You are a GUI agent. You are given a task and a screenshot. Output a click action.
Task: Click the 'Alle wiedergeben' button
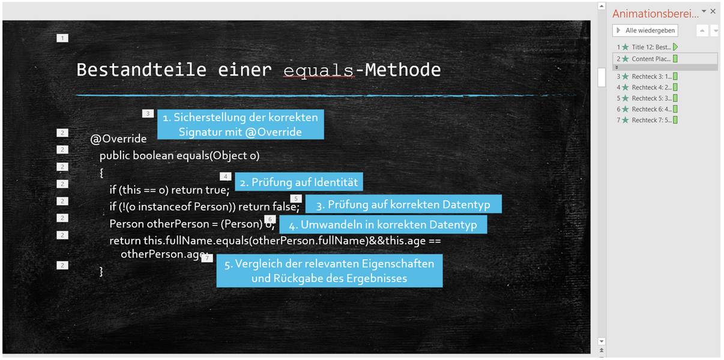(645, 31)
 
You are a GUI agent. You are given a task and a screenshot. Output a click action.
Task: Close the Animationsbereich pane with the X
(713, 11)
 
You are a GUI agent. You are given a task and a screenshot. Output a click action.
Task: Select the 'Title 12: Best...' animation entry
(647, 47)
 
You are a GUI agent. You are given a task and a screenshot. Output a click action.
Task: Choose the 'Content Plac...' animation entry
(647, 59)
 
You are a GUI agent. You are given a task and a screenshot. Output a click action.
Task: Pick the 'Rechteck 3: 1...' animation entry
(647, 77)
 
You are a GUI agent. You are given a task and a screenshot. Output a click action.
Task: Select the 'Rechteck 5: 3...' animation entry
(647, 98)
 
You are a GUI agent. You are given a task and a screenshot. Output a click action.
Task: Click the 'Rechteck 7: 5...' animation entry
(647, 120)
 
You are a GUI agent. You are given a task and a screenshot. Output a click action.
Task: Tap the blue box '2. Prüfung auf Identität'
(298, 182)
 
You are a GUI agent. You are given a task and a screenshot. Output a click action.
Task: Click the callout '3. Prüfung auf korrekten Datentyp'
(403, 204)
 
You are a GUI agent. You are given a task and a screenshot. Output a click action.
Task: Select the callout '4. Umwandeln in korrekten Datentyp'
(383, 224)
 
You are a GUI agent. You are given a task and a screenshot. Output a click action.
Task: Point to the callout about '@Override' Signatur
(241, 124)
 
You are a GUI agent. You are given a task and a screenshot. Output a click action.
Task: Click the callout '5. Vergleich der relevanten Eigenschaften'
(330, 271)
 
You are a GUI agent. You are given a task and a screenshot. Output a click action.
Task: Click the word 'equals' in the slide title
(319, 70)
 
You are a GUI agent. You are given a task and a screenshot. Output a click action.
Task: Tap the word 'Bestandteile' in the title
(141, 70)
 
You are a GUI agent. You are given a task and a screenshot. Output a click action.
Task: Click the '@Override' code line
(118, 139)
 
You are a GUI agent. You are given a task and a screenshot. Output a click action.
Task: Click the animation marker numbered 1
(62, 38)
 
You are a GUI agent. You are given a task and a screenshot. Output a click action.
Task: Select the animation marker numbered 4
(225, 176)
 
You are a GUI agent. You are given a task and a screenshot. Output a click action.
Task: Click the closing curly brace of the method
(101, 271)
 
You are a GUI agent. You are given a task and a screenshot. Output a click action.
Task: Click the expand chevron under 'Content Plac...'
(617, 67)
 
